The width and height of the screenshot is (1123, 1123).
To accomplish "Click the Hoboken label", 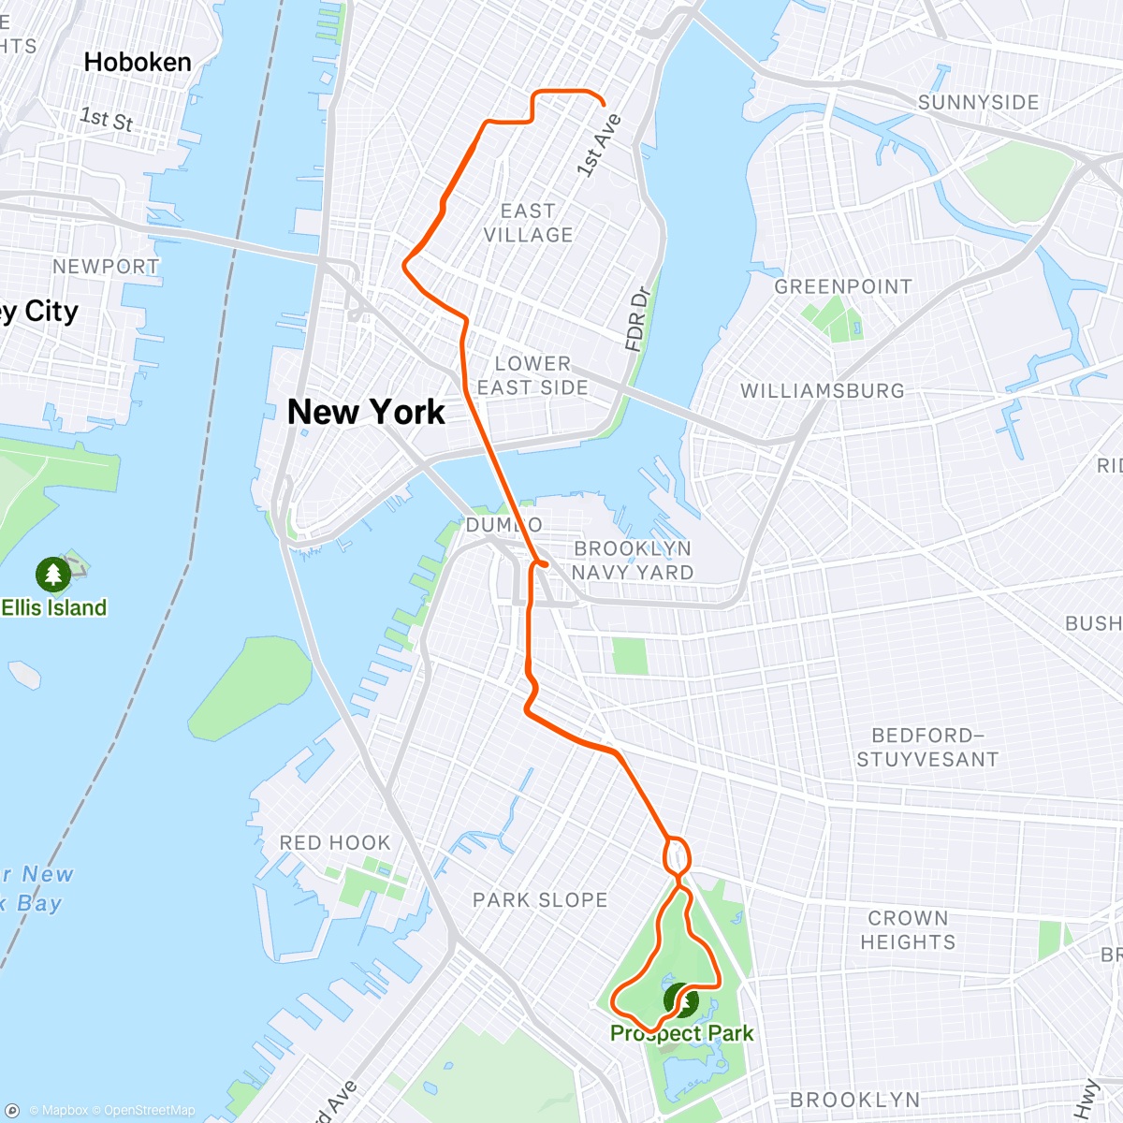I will coord(138,63).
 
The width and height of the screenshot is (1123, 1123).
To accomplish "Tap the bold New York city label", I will coord(366,412).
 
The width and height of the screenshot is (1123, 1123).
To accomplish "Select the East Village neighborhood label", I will coord(528,223).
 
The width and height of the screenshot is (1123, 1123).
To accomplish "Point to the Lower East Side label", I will coord(532,375).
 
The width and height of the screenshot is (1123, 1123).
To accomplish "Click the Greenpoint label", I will coord(842,287).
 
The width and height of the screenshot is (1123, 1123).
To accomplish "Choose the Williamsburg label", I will coord(823,391).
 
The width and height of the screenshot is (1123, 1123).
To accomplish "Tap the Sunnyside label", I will coord(978,102).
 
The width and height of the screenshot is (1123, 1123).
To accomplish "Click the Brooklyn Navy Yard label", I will coord(633,561).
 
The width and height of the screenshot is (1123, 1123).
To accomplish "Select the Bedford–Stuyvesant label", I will coord(927,748).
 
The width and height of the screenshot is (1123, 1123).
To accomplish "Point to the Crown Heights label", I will coord(908,930).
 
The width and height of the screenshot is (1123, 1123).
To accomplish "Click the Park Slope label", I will coord(540,900).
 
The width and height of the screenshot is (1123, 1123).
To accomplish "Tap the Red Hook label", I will coord(335,843).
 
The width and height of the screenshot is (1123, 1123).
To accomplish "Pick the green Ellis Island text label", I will coord(54,607).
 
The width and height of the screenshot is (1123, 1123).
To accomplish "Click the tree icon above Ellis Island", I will coord(52,574).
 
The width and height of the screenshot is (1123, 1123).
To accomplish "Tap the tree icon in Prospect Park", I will coord(681,1000).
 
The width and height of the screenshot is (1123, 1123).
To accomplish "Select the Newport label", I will coord(106,267).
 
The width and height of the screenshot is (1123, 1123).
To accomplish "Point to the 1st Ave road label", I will coord(599,145).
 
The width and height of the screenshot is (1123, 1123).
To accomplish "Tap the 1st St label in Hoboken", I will coord(106,119).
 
